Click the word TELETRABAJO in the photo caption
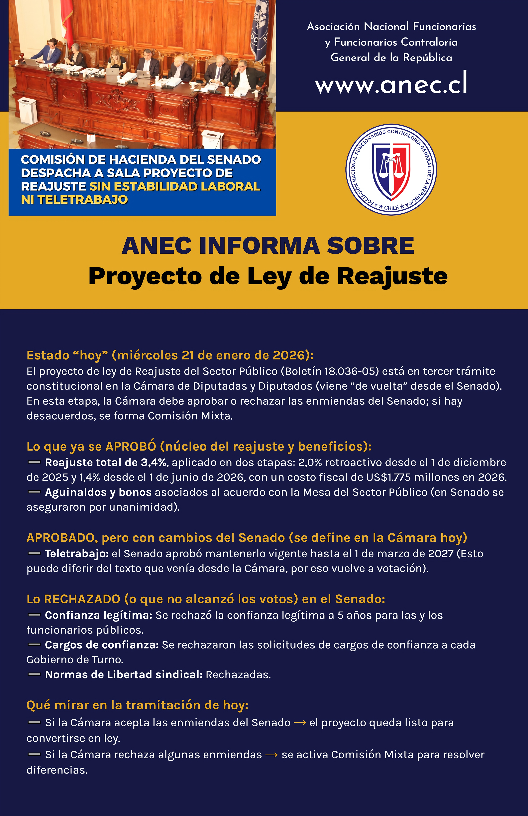[x=83, y=200]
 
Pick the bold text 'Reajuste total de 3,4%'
[x=106, y=462]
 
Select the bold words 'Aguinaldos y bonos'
[x=98, y=492]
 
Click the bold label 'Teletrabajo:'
[x=77, y=554]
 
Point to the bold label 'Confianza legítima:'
[x=98, y=615]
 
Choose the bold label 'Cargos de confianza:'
[x=102, y=645]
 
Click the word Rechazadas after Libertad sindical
[x=238, y=675]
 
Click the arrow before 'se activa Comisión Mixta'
[x=271, y=755]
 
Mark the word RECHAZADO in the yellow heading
[x=82, y=599]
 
